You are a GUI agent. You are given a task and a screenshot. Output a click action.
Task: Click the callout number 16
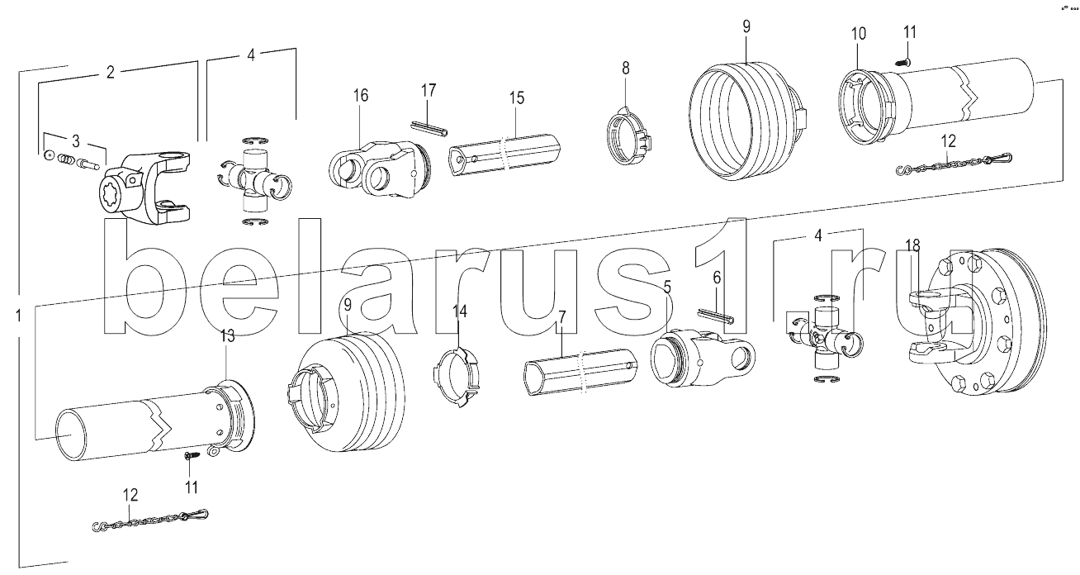click(x=361, y=95)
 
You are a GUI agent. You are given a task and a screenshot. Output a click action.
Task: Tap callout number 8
click(x=625, y=66)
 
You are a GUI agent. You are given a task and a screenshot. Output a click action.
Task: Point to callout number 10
click(x=859, y=34)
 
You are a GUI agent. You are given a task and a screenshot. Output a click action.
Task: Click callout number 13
click(x=227, y=335)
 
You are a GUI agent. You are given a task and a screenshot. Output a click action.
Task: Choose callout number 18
click(x=912, y=245)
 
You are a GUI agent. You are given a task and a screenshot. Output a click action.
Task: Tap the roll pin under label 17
click(x=430, y=126)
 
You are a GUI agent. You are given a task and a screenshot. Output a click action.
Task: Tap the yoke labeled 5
click(x=702, y=359)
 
